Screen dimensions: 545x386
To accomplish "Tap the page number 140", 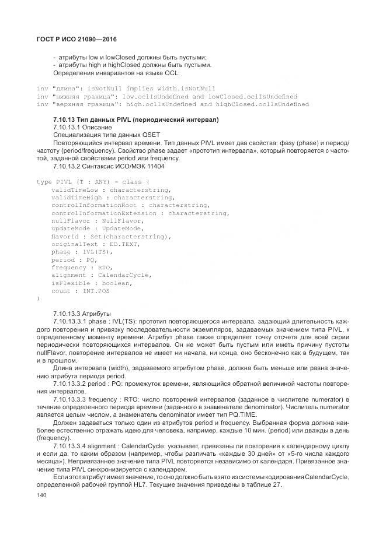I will (x=41, y=495).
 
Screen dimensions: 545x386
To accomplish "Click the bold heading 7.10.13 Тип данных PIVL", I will (x=135, y=119).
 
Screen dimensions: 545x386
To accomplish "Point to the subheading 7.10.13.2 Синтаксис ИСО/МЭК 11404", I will (x=109, y=166).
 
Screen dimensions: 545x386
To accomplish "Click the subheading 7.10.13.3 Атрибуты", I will (x=81, y=313).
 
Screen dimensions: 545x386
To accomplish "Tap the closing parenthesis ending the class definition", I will (x=38, y=298).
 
